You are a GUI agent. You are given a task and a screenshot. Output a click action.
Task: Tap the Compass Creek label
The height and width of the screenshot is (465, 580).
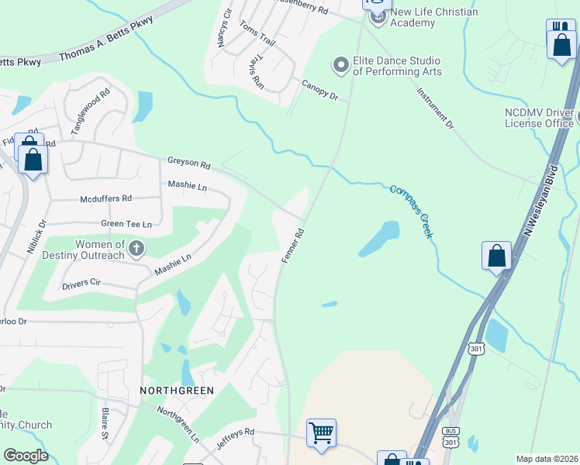click(x=411, y=211)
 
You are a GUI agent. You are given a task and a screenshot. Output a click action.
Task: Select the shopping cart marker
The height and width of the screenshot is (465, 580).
click(x=321, y=432)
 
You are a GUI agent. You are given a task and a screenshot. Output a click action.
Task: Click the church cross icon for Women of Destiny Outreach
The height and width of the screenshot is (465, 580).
click(x=136, y=249)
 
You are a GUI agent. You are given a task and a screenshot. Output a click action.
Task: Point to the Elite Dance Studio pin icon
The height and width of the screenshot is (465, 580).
click(x=340, y=66)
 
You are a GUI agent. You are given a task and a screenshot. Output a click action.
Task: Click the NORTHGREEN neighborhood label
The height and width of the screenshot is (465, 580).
click(x=176, y=390)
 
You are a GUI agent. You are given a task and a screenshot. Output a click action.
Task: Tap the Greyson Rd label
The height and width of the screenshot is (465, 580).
click(x=189, y=164)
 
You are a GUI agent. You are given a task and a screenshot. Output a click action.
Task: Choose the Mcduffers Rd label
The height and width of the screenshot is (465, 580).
click(x=106, y=199)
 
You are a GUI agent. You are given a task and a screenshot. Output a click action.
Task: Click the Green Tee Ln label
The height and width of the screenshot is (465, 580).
click(x=126, y=224)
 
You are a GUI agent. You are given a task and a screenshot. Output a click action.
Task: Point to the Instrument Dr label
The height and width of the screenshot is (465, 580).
click(x=435, y=107)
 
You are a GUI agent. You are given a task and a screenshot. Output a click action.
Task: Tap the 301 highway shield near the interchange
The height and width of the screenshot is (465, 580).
click(x=475, y=350)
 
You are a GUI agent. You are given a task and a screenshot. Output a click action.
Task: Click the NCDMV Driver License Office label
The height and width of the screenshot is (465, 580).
click(x=539, y=118)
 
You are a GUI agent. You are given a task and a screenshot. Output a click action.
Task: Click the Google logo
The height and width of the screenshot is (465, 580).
click(x=26, y=456)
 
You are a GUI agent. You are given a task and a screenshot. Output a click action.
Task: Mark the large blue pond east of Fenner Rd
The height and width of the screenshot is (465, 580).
click(x=380, y=239)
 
